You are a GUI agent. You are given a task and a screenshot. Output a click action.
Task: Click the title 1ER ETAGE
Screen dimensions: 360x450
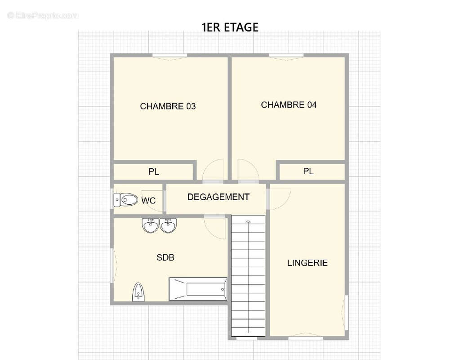click(230, 27)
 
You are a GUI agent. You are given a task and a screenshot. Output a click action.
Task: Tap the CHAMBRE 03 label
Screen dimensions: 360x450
click(168, 107)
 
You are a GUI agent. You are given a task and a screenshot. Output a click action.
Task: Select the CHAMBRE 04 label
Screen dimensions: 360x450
click(289, 105)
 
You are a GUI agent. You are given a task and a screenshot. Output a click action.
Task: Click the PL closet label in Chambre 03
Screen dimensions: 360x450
click(154, 172)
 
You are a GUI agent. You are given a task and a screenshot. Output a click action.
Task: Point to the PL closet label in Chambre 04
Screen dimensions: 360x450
click(308, 171)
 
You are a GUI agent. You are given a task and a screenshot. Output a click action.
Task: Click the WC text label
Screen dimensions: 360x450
click(148, 200)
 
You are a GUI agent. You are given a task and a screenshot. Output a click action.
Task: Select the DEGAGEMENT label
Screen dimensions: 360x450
click(218, 197)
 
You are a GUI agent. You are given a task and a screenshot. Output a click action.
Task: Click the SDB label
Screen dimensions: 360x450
click(165, 257)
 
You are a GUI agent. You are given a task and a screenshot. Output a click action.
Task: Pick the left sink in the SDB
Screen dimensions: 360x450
click(151, 225)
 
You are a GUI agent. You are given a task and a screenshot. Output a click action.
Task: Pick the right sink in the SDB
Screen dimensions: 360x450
click(169, 225)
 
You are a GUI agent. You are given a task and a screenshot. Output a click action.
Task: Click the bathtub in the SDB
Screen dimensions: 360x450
click(198, 289)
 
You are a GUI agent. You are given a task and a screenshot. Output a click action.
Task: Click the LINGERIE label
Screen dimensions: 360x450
click(307, 263)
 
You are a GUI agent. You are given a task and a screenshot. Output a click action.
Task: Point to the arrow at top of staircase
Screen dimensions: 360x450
click(248, 220)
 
